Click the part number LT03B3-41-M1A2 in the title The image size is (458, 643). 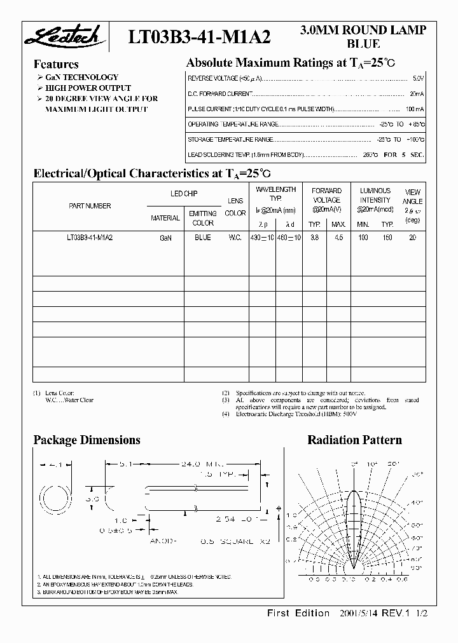(200, 37)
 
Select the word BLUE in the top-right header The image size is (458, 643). (363, 44)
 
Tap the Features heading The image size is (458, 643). (56, 64)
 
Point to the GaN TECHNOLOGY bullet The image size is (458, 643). (81, 78)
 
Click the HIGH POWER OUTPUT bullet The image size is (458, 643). (88, 88)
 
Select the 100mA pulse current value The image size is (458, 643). (414, 109)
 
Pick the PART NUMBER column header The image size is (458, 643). (90, 206)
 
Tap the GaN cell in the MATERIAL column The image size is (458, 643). (165, 238)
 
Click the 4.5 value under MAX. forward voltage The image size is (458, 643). (338, 238)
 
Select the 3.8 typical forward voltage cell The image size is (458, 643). (314, 238)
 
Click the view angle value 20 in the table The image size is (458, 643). (412, 238)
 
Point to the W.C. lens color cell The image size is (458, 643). (235, 238)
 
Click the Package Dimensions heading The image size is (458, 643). (87, 440)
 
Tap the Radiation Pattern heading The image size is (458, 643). (354, 440)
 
